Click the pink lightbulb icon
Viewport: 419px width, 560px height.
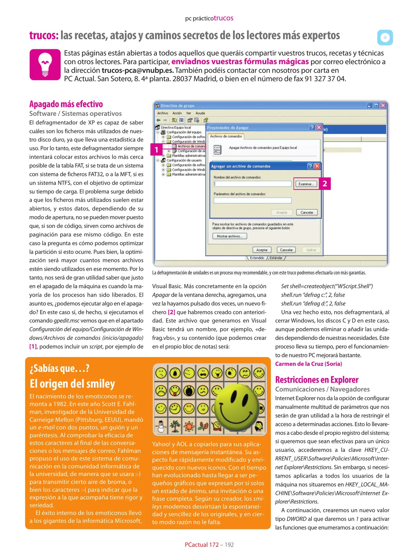[45, 65]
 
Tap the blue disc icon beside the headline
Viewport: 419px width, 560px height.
[385, 38]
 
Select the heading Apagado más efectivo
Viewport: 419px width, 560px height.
[66, 104]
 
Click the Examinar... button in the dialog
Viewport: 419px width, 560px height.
[306, 184]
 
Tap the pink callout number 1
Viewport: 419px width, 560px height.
[156, 150]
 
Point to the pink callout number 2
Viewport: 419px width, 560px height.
[325, 184]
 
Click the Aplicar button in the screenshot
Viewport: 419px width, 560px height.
[311, 250]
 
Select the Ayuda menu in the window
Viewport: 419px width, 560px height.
[200, 113]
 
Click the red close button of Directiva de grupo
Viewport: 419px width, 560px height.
[383, 106]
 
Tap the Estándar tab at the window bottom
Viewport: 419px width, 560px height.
[276, 258]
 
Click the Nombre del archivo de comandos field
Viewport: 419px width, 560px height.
[253, 184]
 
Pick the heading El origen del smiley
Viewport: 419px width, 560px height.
[72, 384]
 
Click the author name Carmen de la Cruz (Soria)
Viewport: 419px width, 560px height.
[308, 364]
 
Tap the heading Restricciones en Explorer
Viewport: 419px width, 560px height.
[317, 380]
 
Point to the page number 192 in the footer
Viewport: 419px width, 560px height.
[229, 545]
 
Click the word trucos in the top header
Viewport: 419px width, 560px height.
[223, 18]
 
